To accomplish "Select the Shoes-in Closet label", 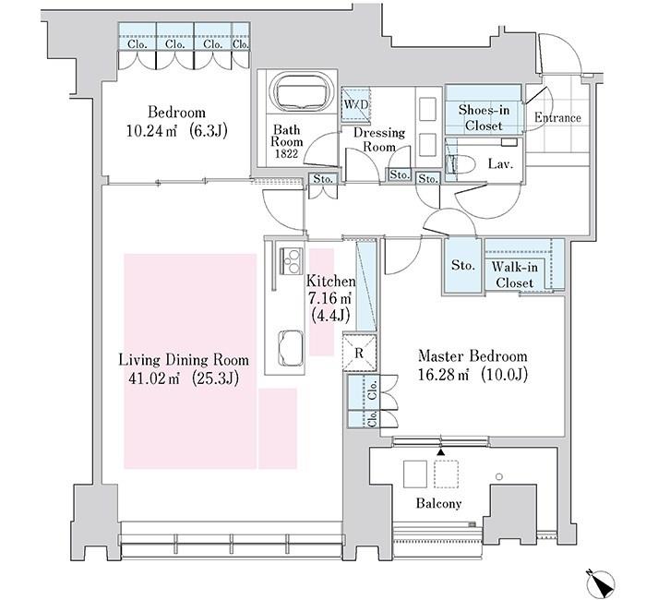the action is (x=484, y=118).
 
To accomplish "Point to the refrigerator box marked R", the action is (x=359, y=353).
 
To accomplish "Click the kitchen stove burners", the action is (x=292, y=261).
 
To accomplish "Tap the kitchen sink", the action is (x=291, y=348).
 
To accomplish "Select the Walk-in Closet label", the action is (x=515, y=275).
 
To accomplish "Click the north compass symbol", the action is (x=601, y=582).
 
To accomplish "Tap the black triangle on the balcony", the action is (x=441, y=452).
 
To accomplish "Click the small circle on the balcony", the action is (x=499, y=477).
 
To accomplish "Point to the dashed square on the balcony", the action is (x=446, y=474).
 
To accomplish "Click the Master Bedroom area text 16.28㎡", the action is (x=443, y=375).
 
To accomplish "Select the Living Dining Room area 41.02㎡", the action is (x=154, y=378).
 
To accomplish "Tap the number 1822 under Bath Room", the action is (x=287, y=154).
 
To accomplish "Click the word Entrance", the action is (x=557, y=118).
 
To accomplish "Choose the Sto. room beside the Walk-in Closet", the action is (x=462, y=266).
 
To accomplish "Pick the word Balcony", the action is (x=438, y=503).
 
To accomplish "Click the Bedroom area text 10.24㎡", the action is (x=151, y=131).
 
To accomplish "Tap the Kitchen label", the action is (x=330, y=281).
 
